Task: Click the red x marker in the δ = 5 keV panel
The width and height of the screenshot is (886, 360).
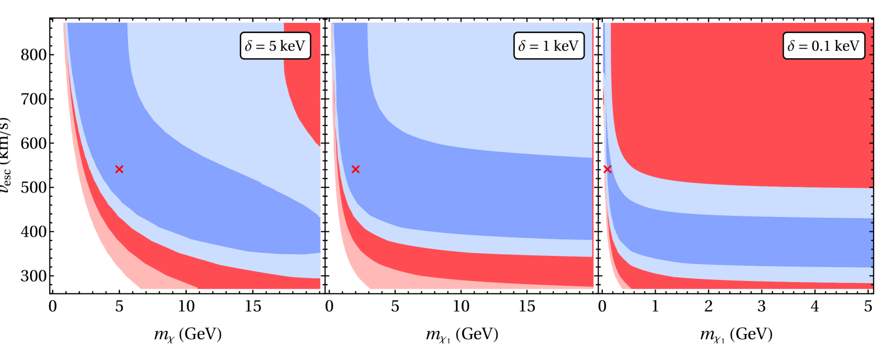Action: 119,169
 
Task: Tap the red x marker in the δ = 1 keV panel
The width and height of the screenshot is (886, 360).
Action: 356,169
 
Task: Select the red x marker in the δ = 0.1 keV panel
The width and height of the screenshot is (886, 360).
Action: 607,169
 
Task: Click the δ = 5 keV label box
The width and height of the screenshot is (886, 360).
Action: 275,46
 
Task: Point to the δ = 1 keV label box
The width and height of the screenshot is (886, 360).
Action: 549,46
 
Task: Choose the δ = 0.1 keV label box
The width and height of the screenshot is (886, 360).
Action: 824,46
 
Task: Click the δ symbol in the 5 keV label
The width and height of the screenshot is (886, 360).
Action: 249,46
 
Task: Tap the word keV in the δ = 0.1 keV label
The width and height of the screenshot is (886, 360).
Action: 847,46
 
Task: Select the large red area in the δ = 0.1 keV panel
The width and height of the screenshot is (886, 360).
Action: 747,107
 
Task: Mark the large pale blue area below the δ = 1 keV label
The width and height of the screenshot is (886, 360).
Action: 480,96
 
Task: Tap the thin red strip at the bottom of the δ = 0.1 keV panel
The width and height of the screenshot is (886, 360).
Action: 747,285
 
